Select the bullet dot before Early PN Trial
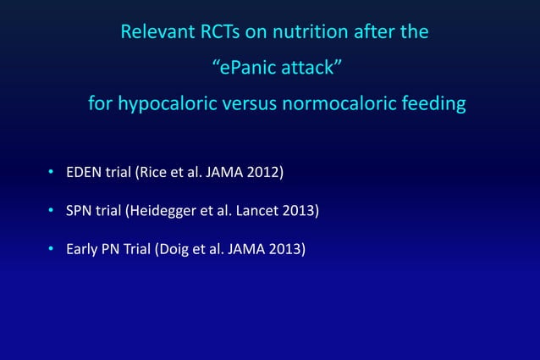(x=50, y=250)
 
